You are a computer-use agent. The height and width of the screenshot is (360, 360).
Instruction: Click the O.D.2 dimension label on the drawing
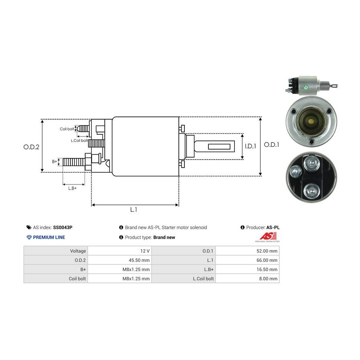coord(31,147)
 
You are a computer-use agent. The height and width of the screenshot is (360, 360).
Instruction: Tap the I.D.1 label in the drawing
coord(250,146)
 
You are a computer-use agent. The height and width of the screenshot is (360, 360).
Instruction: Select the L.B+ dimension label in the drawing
coord(72,188)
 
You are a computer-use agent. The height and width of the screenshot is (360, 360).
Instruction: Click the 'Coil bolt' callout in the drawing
coord(67,129)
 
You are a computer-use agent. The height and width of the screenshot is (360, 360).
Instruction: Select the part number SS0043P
coord(63,228)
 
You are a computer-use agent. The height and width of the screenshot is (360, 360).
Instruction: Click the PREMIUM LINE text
coord(49,237)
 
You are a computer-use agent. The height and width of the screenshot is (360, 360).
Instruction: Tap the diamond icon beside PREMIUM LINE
coord(29,237)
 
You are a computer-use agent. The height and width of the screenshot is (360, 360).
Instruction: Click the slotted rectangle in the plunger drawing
coord(221,146)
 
